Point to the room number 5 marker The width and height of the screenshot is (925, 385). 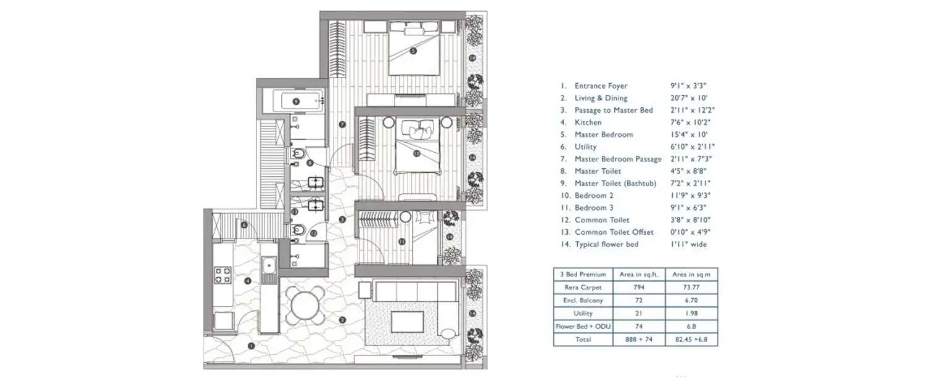(413, 51)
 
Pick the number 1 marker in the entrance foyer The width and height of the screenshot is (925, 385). (251, 346)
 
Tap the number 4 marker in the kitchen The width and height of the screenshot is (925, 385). (248, 281)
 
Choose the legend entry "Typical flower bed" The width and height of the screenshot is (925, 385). (607, 245)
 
